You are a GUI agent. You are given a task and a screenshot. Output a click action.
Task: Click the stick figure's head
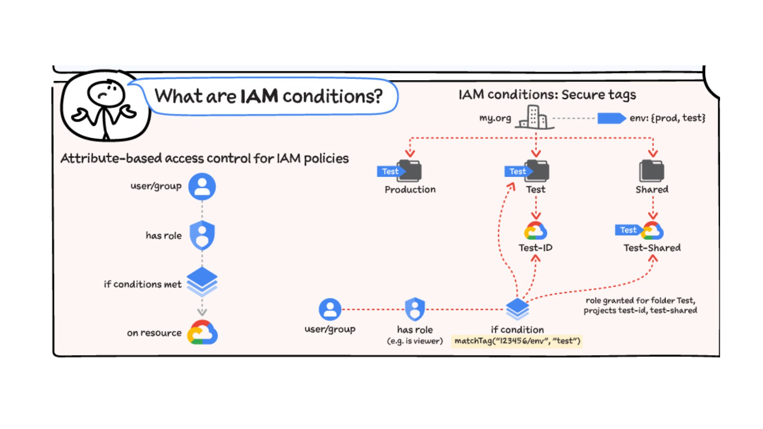pyautogui.click(x=105, y=93)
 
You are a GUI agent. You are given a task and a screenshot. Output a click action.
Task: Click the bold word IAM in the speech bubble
pyautogui.click(x=259, y=96)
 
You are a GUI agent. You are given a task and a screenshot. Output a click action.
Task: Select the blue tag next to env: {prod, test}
pyautogui.click(x=611, y=118)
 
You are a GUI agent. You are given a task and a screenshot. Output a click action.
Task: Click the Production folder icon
pyautogui.click(x=410, y=170)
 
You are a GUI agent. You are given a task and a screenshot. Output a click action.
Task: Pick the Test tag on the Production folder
pyautogui.click(x=390, y=171)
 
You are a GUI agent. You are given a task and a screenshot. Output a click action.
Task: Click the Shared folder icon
pyautogui.click(x=651, y=170)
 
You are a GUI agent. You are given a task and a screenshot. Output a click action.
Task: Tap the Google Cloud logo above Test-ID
pyautogui.click(x=535, y=231)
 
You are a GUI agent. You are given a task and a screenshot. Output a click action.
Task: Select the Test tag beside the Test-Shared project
pyautogui.click(x=627, y=230)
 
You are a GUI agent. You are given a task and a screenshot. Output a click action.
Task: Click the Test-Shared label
pyautogui.click(x=652, y=248)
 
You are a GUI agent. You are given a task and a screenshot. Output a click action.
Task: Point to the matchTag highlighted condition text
pyautogui.click(x=517, y=341)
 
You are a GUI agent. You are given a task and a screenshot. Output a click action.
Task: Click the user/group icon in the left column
pyautogui.click(x=202, y=186)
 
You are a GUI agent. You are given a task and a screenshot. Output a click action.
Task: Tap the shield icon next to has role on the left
pyautogui.click(x=202, y=235)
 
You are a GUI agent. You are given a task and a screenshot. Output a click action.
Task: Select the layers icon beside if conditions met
pyautogui.click(x=202, y=281)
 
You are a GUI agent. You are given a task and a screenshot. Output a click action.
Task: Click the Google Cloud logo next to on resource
pyautogui.click(x=202, y=332)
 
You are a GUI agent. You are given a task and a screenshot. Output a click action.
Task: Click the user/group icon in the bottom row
pyautogui.click(x=330, y=309)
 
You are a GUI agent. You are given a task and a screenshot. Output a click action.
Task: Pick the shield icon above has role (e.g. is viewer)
pyautogui.click(x=415, y=309)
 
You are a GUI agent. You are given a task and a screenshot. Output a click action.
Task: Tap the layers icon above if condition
pyautogui.click(x=517, y=309)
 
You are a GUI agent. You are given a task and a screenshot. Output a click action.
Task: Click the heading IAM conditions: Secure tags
pyautogui.click(x=547, y=95)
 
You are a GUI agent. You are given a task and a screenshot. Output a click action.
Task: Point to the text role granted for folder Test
pyautogui.click(x=640, y=300)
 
